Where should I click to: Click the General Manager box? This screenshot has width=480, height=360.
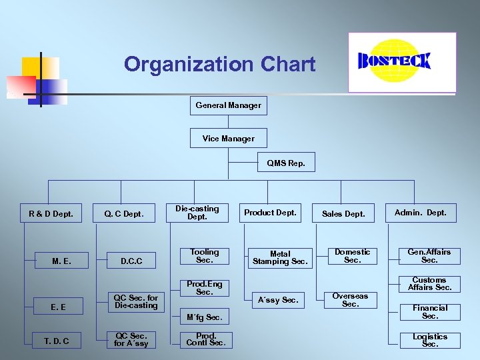[x=228, y=105]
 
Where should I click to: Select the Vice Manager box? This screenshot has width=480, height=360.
[x=228, y=139]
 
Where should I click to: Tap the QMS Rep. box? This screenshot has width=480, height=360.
[x=286, y=163]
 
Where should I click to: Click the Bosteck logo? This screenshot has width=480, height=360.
[x=402, y=62]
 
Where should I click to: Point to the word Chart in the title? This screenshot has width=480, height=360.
[x=289, y=65]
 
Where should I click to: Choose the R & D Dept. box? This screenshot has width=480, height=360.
[x=51, y=214]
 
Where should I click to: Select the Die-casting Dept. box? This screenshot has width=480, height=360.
[x=197, y=213]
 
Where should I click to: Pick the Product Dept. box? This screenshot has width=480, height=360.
[x=270, y=213]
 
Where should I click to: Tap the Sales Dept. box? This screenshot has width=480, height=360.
[x=343, y=214]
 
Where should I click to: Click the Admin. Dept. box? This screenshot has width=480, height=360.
[x=421, y=213]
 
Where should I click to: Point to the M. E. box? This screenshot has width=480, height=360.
[x=61, y=261]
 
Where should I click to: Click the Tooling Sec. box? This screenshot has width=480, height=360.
[x=204, y=256]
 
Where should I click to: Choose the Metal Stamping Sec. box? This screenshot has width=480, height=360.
[x=280, y=258]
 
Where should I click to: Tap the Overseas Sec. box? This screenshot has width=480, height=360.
[x=350, y=300]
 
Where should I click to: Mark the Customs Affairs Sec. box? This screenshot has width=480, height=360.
[x=430, y=284]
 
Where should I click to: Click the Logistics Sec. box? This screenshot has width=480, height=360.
[x=430, y=340]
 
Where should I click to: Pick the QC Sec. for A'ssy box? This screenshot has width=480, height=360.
[x=131, y=340]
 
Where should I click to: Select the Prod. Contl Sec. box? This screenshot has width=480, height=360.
[x=206, y=339]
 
